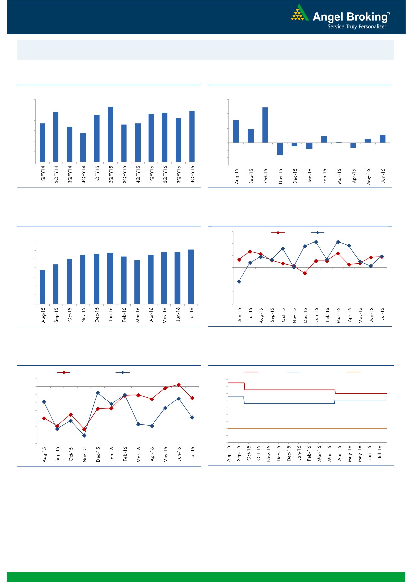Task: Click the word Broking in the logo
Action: click(x=367, y=17)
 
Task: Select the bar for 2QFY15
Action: click(x=110, y=134)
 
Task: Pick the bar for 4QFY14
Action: click(x=83, y=147)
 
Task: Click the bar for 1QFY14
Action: click(x=43, y=143)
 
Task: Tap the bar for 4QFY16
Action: click(x=192, y=136)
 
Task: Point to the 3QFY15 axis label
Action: click(x=125, y=174)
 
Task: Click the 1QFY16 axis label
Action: click(x=152, y=174)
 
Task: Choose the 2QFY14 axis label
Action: click(x=56, y=174)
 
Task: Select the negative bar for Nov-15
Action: click(x=280, y=149)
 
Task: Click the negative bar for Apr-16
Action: click(x=353, y=145)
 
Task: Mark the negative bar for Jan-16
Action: click(x=309, y=146)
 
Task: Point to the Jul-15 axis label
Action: click(x=251, y=314)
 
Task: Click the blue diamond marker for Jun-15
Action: click(x=239, y=282)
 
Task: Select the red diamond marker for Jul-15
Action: click(x=250, y=251)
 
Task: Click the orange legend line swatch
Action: click(x=354, y=372)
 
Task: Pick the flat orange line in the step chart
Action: click(x=307, y=428)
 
